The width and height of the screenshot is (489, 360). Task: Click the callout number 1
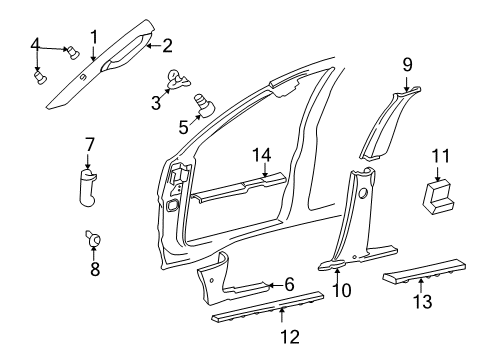pyautogui.click(x=93, y=37)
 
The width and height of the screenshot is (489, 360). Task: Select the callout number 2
pyautogui.click(x=167, y=43)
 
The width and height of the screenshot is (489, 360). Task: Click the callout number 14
pyautogui.click(x=262, y=154)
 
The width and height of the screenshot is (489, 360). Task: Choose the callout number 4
pyautogui.click(x=36, y=43)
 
